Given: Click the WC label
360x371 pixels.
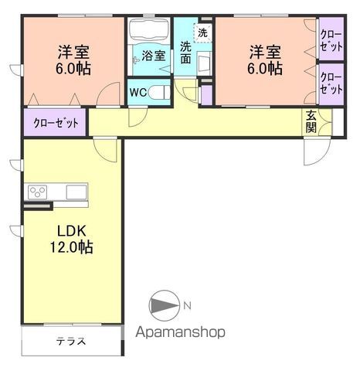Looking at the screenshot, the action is pyautogui.click(x=138, y=92).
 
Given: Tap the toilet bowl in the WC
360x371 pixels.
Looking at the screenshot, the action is pyautogui.click(x=159, y=93).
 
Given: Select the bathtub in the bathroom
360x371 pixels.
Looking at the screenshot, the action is pyautogui.click(x=149, y=30).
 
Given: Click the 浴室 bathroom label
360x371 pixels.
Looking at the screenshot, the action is pyautogui.click(x=154, y=56).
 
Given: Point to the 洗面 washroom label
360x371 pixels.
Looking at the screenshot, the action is pyautogui.click(x=185, y=53).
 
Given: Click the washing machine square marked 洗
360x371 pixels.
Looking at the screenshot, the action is pyautogui.click(x=202, y=32).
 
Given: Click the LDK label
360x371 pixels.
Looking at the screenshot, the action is pyautogui.click(x=71, y=231).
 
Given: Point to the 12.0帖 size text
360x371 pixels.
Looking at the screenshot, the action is pyautogui.click(x=71, y=247).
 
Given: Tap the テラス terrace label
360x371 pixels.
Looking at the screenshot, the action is pyautogui.click(x=71, y=342).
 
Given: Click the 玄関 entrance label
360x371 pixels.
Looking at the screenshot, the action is pyautogui.click(x=311, y=122).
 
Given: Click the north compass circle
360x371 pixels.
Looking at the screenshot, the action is pyautogui.click(x=165, y=305).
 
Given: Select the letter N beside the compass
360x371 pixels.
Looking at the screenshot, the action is pyautogui.click(x=187, y=306).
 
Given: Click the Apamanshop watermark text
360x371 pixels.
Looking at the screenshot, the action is pyautogui.click(x=181, y=332).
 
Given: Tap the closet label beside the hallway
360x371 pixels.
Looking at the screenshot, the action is pyautogui.click(x=56, y=123).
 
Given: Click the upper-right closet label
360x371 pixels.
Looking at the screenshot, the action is pyautogui.click(x=331, y=41).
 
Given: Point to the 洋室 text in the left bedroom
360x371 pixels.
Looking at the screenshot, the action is pyautogui.click(x=73, y=53).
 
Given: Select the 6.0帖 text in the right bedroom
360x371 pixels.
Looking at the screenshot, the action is pyautogui.click(x=265, y=69).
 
